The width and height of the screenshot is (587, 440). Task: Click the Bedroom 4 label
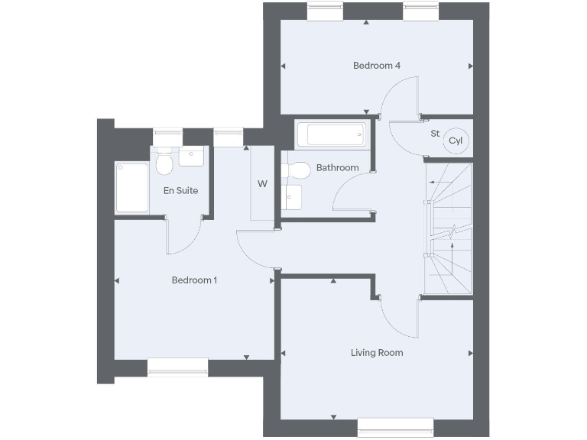[x=377, y=66]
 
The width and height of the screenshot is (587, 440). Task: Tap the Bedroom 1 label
[x=194, y=280]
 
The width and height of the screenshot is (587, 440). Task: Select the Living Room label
[x=377, y=353]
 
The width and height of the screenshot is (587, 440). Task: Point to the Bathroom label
[x=337, y=168]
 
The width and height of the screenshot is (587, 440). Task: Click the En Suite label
[x=180, y=190]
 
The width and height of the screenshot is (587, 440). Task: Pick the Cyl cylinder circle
[x=456, y=141]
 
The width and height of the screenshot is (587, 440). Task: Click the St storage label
[x=435, y=134]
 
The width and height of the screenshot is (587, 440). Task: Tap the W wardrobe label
[x=262, y=184]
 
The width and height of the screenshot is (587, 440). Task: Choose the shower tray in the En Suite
[x=131, y=188]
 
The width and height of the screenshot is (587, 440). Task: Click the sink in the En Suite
[x=192, y=157]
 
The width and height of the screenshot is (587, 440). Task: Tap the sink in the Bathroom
[x=293, y=199]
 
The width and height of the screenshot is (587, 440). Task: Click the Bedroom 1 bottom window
[x=178, y=368]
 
